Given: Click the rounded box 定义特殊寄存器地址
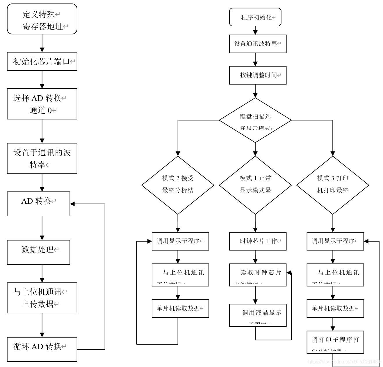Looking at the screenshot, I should coord(42,19).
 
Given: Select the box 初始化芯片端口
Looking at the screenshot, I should coord(42,62).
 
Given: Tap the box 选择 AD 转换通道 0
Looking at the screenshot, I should coord(42,104).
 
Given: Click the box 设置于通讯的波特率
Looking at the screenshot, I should coord(42,158).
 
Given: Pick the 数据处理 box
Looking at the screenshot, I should coord(38,252).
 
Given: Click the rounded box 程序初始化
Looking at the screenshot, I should coord(255,17).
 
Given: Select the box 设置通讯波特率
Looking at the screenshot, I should coord(258,44).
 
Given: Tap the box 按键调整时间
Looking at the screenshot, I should coord(258,75).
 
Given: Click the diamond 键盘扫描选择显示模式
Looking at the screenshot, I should coord(255,120).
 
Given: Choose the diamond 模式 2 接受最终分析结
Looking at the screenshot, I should coord(178,185).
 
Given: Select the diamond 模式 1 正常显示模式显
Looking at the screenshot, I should coord(255,185).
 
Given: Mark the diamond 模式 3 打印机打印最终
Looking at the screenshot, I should coord(333,185).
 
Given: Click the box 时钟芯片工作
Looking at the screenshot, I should coord(258,241).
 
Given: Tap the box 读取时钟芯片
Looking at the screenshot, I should coord(258,275).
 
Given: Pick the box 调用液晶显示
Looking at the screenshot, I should coord(258,315).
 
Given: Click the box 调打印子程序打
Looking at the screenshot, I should coord(335,342).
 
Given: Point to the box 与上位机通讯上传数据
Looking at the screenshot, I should coord(42,298).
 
